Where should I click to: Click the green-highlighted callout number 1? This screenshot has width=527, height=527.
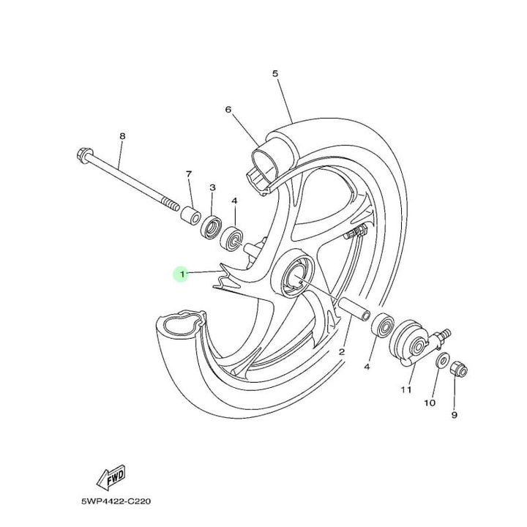[182, 274]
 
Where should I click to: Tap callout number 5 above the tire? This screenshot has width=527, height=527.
[275, 73]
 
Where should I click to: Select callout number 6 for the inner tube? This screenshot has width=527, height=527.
[228, 109]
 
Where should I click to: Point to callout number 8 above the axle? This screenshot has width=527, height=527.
[122, 136]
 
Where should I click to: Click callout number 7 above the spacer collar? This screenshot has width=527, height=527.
[189, 174]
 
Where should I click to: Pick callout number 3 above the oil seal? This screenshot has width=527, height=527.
[212, 187]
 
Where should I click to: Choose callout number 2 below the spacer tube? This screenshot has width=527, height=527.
[342, 352]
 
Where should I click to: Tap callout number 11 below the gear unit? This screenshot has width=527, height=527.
[406, 390]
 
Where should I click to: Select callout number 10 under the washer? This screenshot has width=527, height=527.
[430, 403]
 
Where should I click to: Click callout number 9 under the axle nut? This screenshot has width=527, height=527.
[454, 415]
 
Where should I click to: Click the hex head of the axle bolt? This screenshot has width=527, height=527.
[83, 155]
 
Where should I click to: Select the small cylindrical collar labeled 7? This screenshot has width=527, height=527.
[191, 217]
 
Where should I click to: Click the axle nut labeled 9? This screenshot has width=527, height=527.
[459, 369]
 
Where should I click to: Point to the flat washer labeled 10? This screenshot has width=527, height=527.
[441, 361]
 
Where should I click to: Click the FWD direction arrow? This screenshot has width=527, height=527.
[111, 477]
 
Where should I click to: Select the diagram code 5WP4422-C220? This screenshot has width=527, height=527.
[116, 501]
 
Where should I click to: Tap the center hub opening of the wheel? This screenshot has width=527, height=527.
[294, 278]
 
